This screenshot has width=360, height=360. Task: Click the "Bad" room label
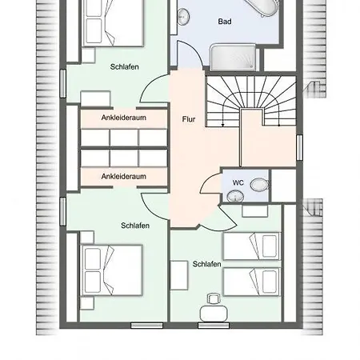coord(225,22)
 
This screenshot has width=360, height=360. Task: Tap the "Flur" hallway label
coord(189,119)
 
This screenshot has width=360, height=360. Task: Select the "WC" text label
coord(238,182)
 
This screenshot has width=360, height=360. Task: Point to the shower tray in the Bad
coord(233,58)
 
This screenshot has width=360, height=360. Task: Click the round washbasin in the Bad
coord(183,17)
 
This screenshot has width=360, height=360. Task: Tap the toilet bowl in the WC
coord(259,185)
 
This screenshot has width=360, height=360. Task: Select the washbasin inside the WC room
coord(235,197)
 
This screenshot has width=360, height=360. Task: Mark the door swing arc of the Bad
coord(196,50)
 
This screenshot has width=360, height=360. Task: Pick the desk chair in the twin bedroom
coord(214,298)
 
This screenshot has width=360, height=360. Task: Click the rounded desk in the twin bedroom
coord(214,314)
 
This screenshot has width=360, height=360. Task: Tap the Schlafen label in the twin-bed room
coord(206,264)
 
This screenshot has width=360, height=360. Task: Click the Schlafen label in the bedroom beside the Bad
coord(125,66)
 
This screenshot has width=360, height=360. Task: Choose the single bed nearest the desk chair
coord(252,282)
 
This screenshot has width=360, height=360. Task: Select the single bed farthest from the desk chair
coord(252,246)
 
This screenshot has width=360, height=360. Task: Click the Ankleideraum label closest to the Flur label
coord(124,118)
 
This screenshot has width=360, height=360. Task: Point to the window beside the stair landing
coord(299,147)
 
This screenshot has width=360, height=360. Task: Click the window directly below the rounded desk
coord(214,326)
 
